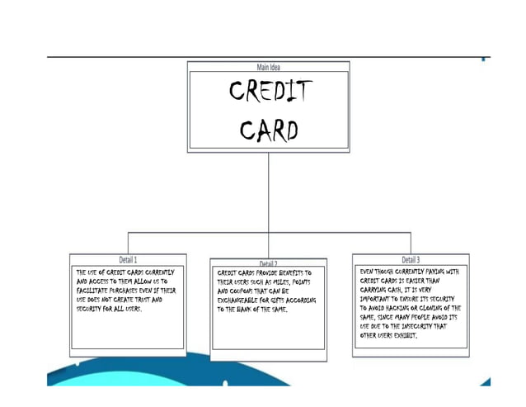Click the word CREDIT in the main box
click(270, 93)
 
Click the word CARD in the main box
click(269, 130)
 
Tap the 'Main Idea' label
click(269, 67)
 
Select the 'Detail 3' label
click(411, 259)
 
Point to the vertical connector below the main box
click(269, 190)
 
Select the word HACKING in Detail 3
click(399, 308)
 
